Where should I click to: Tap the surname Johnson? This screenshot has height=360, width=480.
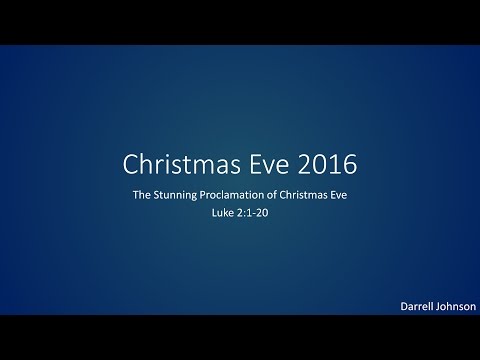tap(455, 306)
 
